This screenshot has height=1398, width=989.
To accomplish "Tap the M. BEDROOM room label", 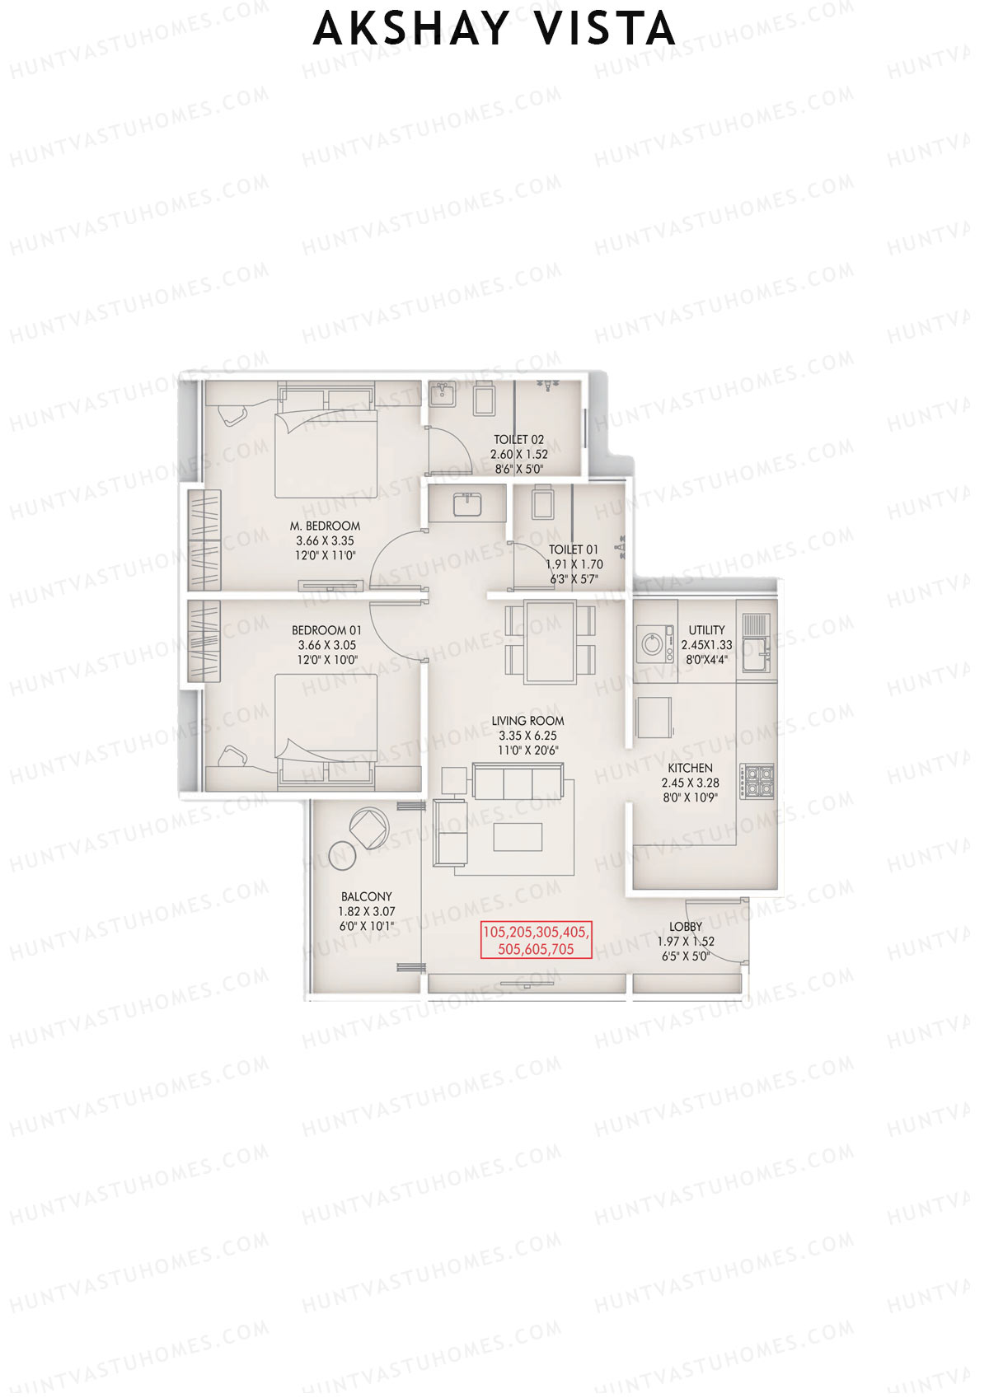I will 325,526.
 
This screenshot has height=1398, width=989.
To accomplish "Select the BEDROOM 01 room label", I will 326,631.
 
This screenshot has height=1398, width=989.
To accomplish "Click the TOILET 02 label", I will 518,440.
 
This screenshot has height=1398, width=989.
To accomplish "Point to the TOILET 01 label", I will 574,549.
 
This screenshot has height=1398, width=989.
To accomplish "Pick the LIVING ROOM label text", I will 527,721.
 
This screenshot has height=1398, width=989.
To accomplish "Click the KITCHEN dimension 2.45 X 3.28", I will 690,783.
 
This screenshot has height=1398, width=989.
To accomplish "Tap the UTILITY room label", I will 706,630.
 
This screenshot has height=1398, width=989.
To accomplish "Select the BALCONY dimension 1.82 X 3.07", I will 366,912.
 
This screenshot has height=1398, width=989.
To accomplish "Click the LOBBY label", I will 686,927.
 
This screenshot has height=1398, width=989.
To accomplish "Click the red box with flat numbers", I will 537,940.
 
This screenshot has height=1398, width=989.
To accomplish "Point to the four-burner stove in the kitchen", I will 757,781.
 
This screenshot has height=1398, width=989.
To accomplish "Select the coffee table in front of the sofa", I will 518,836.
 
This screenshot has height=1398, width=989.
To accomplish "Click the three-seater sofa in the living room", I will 518,781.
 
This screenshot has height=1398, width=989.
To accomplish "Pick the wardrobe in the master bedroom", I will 204,540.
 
